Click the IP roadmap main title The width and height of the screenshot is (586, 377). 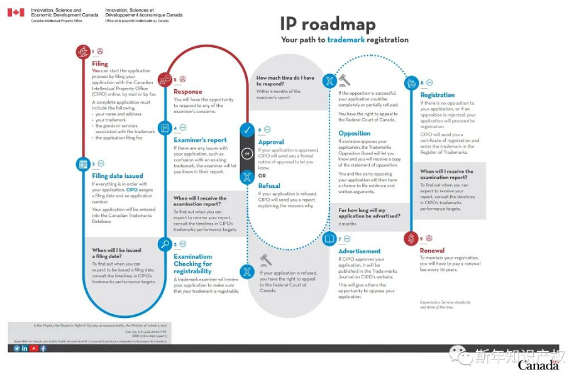328,25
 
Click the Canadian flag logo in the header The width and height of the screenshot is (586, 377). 16,13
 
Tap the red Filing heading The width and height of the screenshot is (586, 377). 100,63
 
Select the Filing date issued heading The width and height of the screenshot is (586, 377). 118,176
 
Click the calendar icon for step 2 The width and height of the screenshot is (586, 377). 82,165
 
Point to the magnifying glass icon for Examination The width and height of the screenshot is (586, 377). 165,244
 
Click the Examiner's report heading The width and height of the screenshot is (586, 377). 200,140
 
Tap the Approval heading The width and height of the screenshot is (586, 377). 271,142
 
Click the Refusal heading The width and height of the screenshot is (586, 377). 269,185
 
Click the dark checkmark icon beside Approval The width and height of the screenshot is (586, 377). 247,130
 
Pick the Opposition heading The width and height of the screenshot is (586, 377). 354,133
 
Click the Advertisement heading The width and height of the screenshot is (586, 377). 360,251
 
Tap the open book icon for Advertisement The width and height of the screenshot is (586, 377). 329,239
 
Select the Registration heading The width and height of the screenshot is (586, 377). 438,96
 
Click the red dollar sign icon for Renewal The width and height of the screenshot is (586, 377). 411,238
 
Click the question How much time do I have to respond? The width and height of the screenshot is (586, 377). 285,80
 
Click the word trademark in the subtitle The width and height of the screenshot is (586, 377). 349,40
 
